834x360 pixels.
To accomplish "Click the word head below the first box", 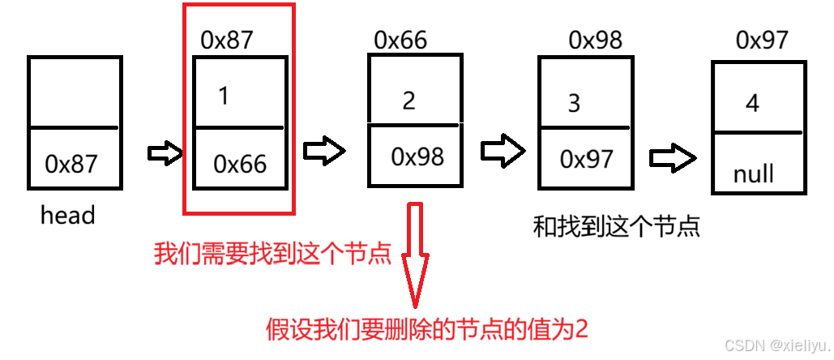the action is [67, 216].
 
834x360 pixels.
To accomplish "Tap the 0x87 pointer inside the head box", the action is [71, 164].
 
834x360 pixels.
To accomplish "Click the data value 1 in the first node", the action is [224, 96].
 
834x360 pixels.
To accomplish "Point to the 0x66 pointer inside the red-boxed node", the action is [240, 164].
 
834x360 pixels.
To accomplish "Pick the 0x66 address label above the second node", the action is [400, 39].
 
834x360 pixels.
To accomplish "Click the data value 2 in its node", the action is [408, 101].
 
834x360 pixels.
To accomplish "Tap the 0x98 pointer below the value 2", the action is [417, 156].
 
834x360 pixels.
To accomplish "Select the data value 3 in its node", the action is [575, 104].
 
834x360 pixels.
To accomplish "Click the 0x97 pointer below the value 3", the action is [587, 159].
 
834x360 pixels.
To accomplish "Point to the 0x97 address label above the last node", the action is [762, 40].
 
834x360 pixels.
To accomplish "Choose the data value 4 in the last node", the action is [752, 103].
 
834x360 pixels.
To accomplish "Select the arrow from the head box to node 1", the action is [165, 155].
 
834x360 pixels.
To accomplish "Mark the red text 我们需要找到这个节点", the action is [273, 255].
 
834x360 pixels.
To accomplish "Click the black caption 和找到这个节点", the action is [616, 225].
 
